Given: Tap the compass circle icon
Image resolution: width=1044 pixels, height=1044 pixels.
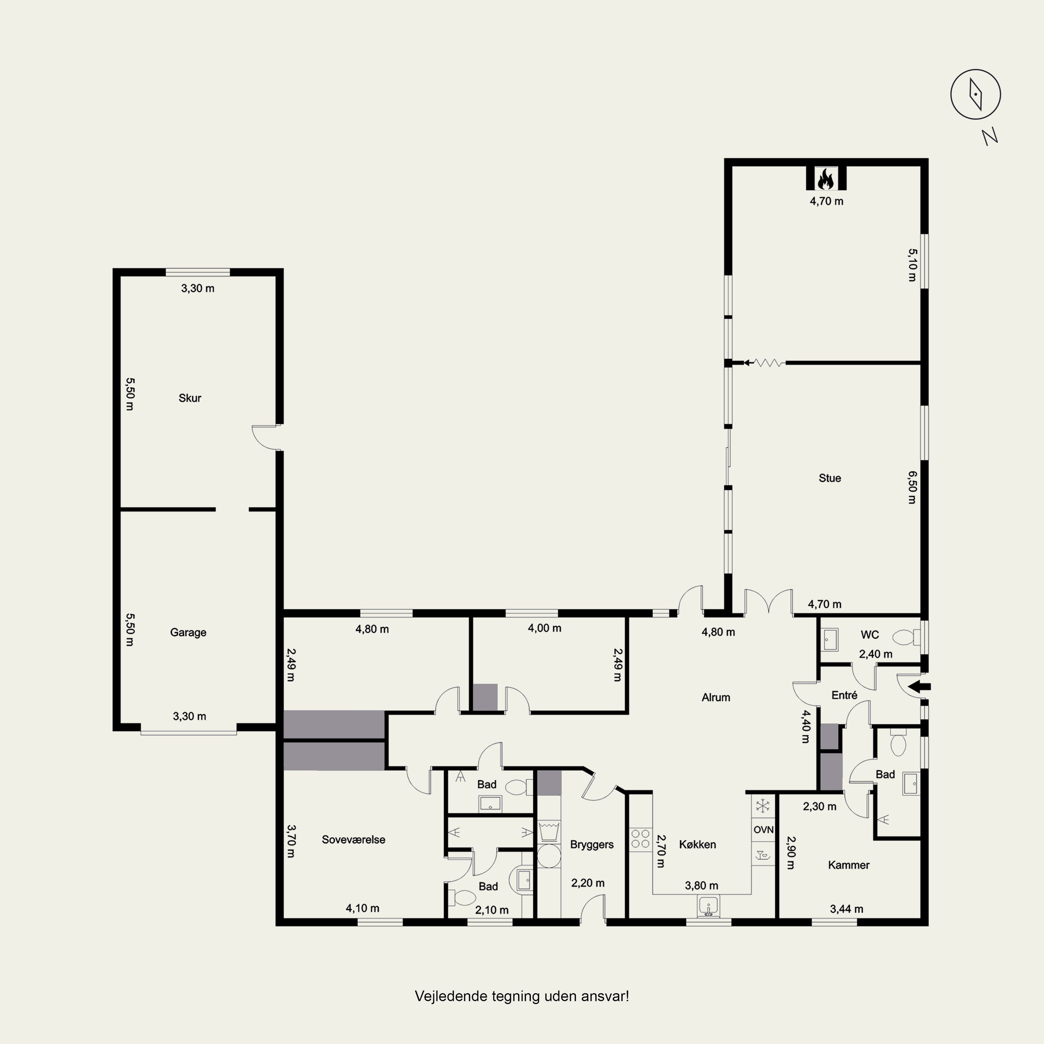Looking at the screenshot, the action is click(975, 94).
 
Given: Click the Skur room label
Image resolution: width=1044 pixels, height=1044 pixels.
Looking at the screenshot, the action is click(190, 398).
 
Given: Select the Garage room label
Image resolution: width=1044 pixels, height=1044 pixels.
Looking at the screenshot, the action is click(188, 632).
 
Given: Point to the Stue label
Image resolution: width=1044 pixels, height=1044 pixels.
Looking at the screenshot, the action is click(830, 478).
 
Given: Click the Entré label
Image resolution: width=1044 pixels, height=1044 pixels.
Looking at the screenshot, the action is click(844, 695).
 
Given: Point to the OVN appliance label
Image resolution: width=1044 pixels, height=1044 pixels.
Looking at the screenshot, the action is click(763, 830).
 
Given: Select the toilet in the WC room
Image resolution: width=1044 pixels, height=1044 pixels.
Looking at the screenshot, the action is click(905, 638).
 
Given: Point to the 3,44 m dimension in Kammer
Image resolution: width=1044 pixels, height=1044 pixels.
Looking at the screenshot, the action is click(846, 909).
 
